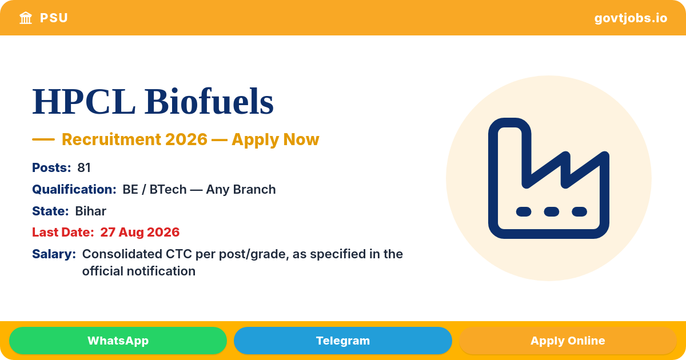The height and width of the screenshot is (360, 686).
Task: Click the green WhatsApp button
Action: click(118, 341)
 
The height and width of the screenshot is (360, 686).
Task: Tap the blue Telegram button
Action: click(342, 341)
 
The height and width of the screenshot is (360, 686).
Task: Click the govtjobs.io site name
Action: click(631, 18)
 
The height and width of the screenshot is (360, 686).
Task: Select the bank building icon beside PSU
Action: click(26, 18)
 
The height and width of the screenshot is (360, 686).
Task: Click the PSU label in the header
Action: click(54, 18)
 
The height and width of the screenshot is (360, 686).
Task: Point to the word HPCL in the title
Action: click(84, 101)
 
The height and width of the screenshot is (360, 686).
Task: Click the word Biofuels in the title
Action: click(209, 101)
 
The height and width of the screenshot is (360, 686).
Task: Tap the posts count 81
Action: click(84, 168)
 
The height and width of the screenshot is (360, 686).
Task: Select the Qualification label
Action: click(74, 190)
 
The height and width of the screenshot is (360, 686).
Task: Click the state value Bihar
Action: click(91, 211)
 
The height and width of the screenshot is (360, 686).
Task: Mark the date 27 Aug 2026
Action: click(139, 233)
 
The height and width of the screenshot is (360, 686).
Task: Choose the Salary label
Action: click(54, 254)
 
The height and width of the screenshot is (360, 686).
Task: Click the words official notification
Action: click(139, 271)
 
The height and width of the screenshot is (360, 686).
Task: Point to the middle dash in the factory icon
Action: click(552, 211)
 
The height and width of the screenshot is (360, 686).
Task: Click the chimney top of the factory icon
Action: click(509, 123)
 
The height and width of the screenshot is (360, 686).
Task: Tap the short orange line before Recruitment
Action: click(43, 139)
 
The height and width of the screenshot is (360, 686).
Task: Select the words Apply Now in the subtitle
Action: click(276, 139)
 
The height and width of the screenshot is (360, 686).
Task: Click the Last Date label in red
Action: click(63, 233)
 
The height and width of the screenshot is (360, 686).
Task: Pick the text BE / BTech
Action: click(155, 190)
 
